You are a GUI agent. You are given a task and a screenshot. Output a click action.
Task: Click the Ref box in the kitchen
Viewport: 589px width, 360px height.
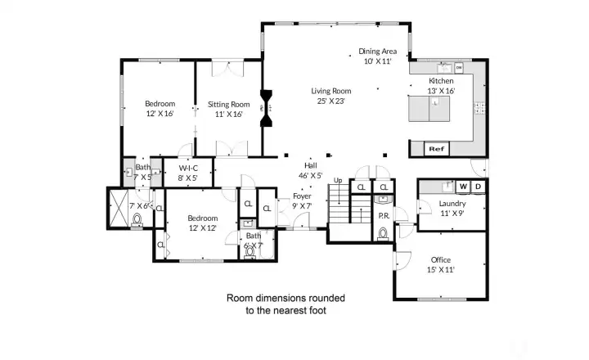[436, 149]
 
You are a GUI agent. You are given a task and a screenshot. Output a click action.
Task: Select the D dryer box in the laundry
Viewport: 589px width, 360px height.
[479, 187]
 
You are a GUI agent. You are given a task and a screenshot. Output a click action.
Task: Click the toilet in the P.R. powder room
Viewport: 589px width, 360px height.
[383, 232]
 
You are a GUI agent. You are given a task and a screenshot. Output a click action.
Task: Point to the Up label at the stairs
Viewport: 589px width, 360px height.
[339, 179]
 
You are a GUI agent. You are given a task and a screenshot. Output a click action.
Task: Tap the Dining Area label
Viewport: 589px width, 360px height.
[378, 51]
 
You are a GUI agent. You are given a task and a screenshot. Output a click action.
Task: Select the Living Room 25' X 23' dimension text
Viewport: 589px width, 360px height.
[330, 101]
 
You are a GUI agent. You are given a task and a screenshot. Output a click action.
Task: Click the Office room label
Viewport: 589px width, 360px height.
[440, 260]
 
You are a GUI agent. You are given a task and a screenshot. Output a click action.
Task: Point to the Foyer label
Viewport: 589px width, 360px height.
[302, 196]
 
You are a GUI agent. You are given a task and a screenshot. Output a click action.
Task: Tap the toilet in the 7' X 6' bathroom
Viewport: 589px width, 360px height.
[137, 218]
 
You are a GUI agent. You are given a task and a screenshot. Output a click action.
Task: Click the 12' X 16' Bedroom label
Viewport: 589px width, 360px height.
[160, 104]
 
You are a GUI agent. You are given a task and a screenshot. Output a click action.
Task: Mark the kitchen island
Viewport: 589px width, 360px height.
[428, 110]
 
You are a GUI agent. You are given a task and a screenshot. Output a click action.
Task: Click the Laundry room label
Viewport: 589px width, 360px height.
[452, 203]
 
